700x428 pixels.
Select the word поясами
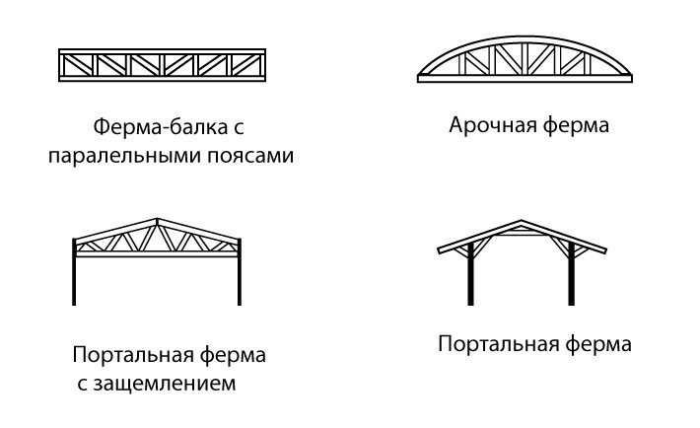250,157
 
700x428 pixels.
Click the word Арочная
493,125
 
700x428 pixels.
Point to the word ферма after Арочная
576,125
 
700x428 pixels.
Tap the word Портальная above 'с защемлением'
133,356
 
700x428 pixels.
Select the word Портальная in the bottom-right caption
499,344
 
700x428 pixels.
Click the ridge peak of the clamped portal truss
157,219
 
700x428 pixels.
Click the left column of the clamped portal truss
74,271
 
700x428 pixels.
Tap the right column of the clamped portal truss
240,271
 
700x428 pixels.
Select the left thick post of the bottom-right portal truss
470,274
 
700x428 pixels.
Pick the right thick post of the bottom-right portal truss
571,274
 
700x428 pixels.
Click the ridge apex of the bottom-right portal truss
521,221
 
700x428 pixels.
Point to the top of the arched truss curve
525,37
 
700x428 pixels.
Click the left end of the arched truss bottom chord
418,79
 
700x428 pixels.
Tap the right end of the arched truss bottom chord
632,79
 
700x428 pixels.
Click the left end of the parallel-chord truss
59,65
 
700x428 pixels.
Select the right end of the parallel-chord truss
265,65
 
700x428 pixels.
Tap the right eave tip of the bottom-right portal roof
605,250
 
